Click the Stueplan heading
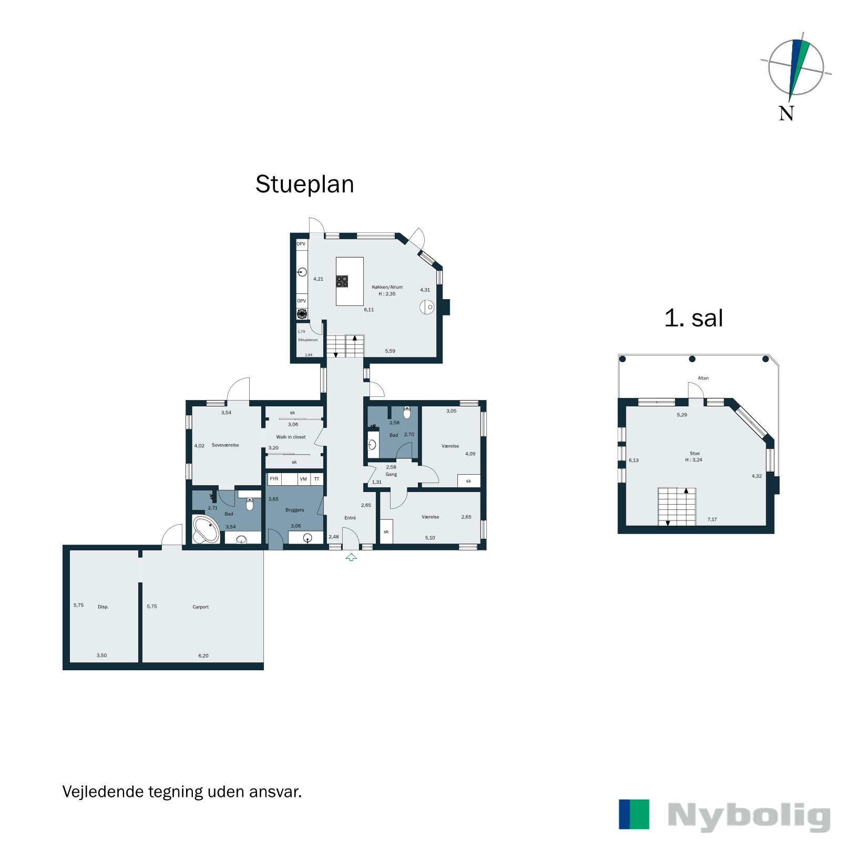304,185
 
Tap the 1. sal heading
693,319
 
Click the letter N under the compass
786,114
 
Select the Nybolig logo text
749,816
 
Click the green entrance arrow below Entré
351,557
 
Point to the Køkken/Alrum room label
387,287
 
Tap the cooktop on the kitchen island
342,281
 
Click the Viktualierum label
307,340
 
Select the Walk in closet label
291,437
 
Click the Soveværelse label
225,445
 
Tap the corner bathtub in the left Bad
205,530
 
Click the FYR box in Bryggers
274,479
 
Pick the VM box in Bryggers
303,479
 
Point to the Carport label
200,607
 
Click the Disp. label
103,607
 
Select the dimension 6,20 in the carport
203,656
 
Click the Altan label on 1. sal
703,378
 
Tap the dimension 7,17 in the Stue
712,519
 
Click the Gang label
391,474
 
